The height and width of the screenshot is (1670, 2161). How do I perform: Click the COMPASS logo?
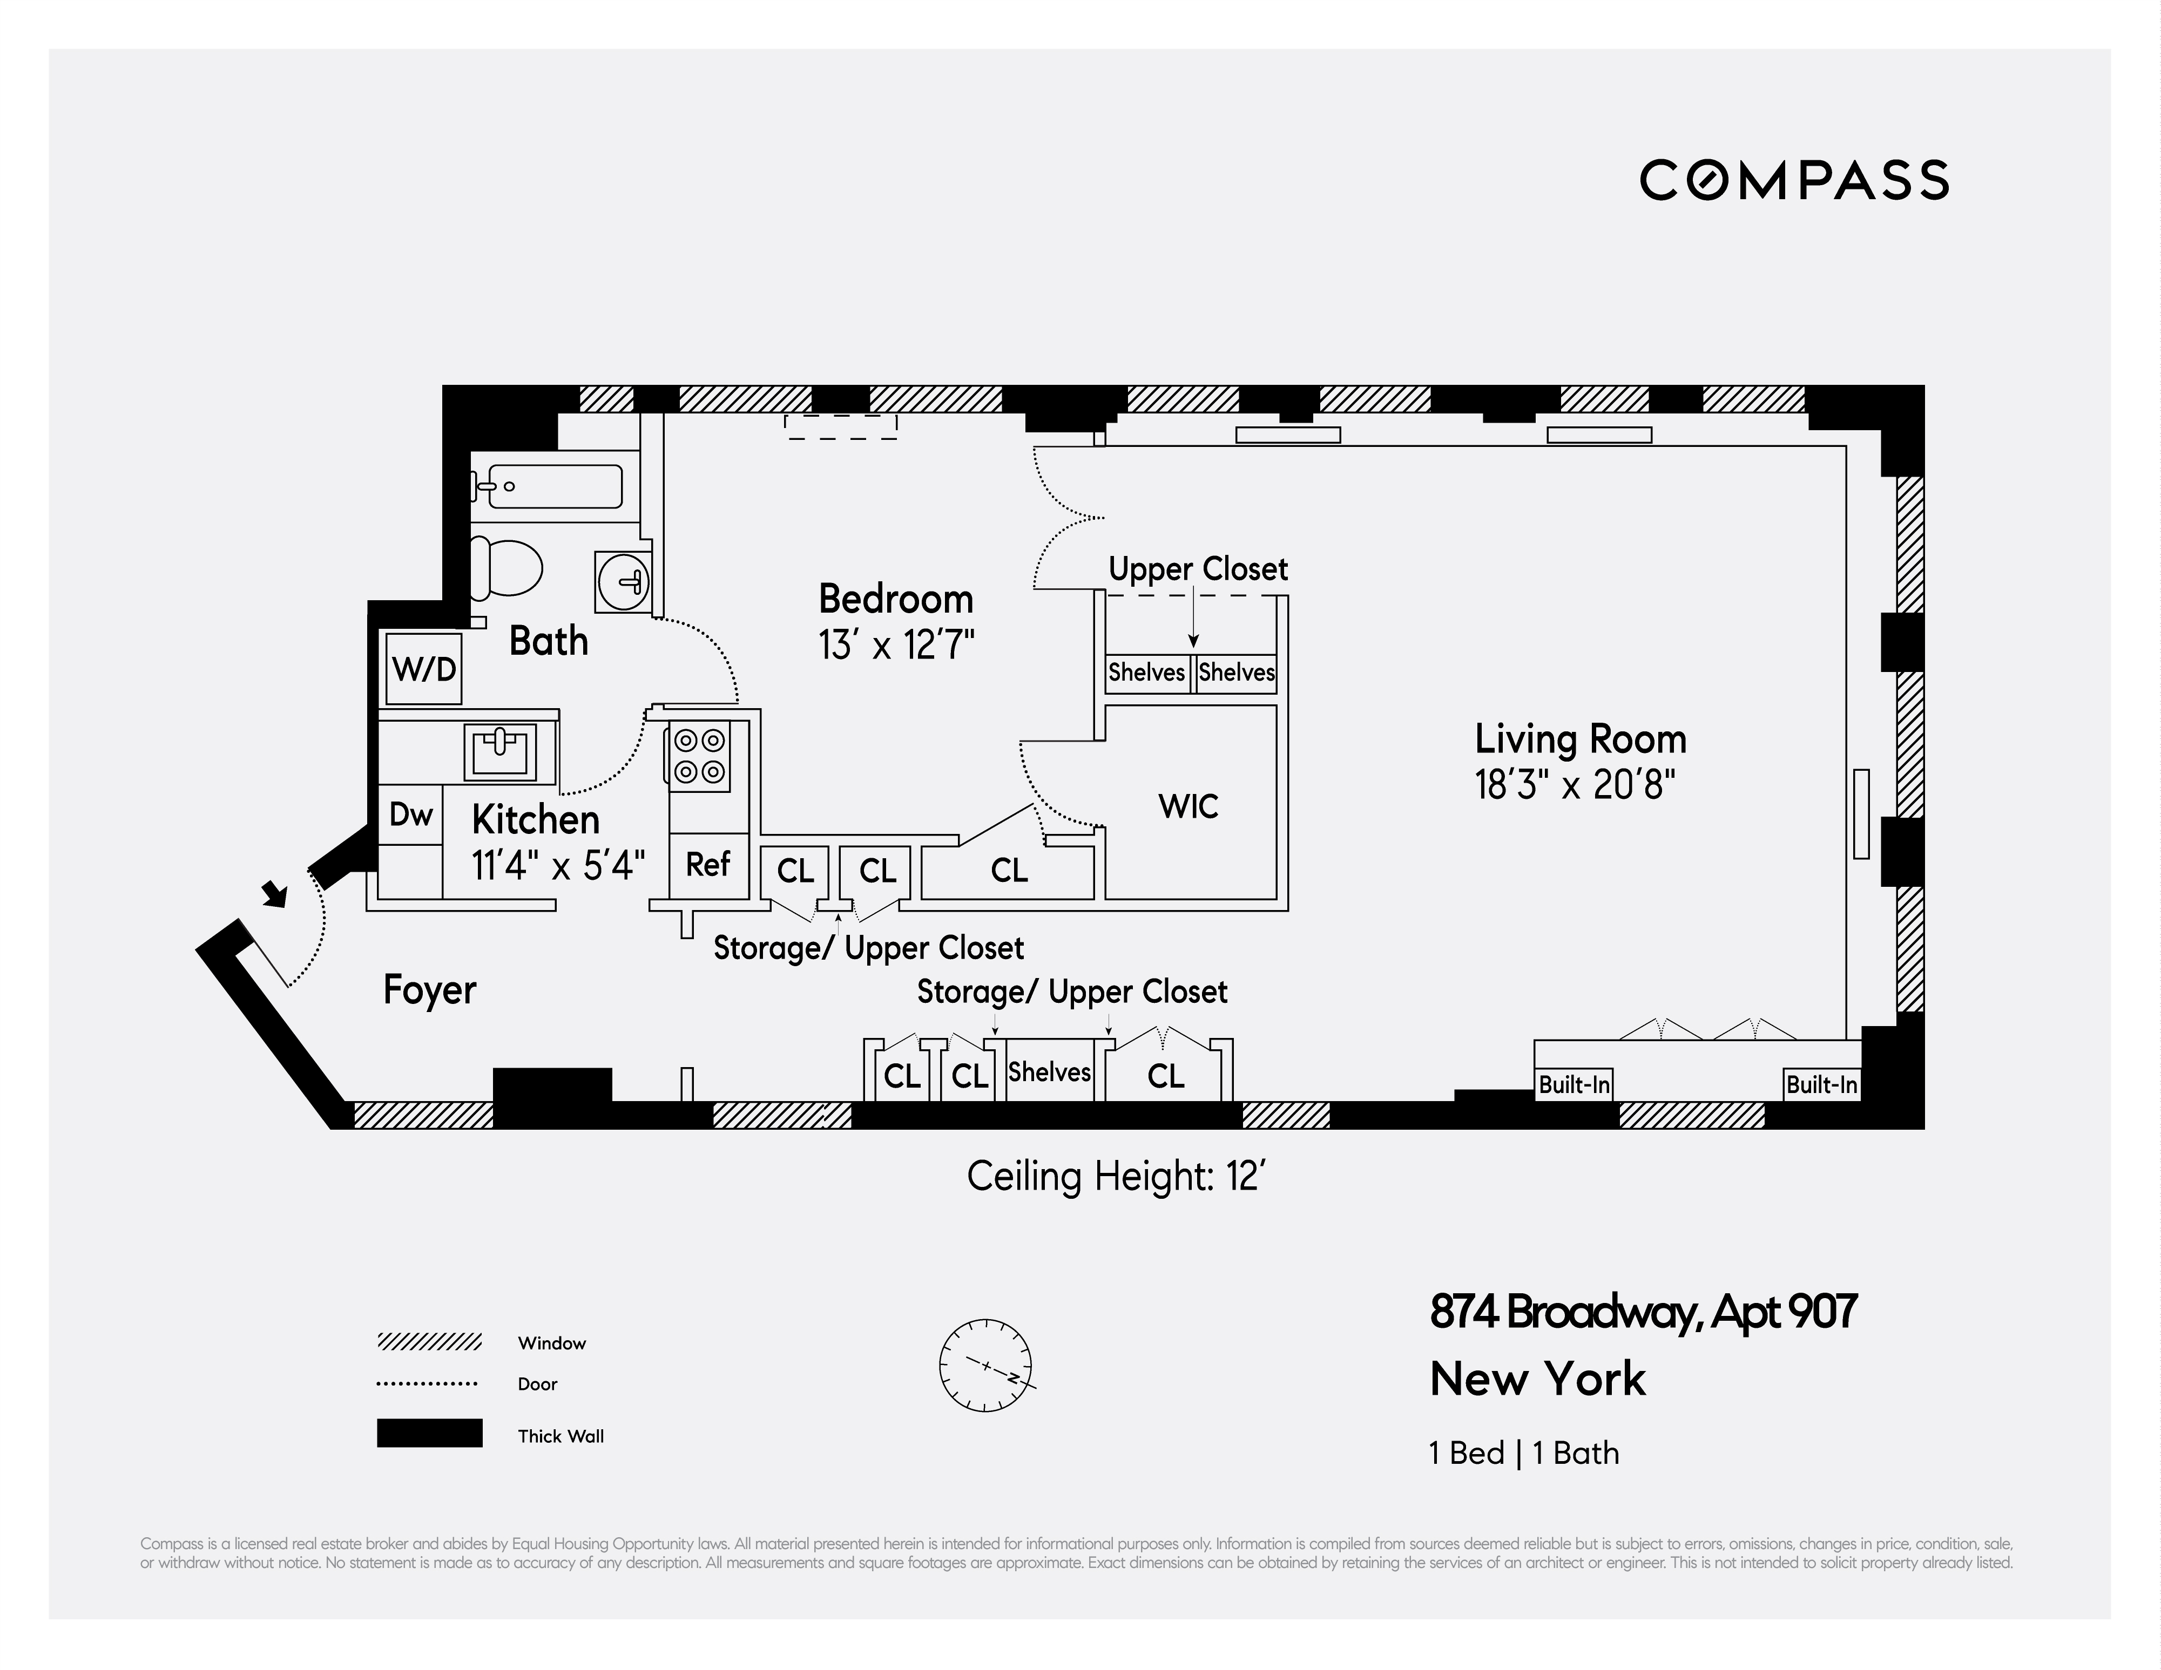click(1794, 181)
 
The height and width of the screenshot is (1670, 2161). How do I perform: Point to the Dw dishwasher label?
click(410, 815)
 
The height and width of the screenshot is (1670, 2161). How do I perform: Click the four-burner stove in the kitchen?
click(700, 757)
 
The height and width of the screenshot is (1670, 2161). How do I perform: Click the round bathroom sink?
click(623, 581)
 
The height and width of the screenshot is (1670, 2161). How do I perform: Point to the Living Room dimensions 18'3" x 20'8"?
click(1575, 785)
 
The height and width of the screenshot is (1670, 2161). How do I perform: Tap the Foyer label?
click(429, 989)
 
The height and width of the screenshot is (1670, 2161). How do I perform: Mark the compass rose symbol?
click(985, 1365)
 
